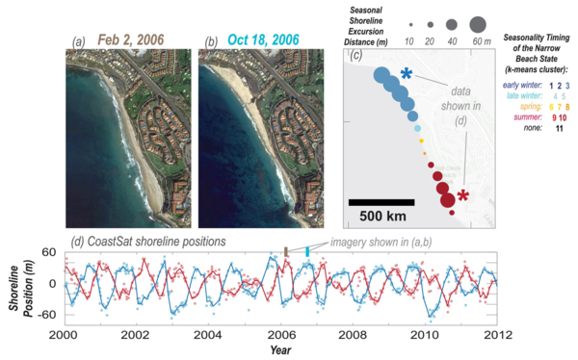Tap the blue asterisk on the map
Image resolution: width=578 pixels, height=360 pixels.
tap(407, 75)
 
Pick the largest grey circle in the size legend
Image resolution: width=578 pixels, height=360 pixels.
tap(476, 22)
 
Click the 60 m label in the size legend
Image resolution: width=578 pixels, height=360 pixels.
tap(477, 43)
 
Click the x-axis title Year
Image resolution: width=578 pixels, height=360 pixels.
tap(279, 350)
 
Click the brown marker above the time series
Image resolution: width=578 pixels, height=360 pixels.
tap(285, 251)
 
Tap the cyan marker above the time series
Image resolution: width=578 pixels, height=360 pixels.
tap(307, 251)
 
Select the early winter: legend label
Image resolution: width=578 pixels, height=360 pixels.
tap(524, 84)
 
